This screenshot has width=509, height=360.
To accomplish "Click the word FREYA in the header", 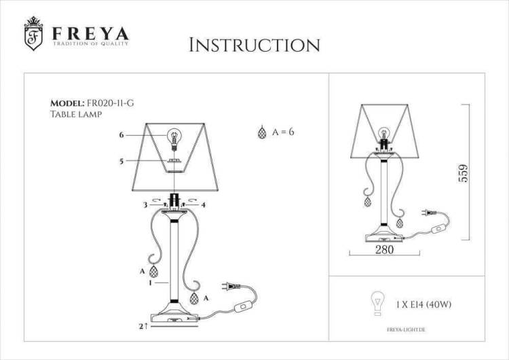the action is point(90,33).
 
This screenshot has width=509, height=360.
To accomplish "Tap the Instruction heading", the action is point(254,45).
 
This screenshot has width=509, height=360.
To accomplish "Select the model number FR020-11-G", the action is point(111,103).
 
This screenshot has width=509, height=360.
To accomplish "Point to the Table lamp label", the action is point(76,114).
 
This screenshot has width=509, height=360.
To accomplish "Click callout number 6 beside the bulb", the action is point(121,135).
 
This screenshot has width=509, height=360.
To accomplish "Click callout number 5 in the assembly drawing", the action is point(121,161).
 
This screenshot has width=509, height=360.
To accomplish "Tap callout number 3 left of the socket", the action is point(146,205).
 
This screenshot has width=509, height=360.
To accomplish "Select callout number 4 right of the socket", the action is point(203,205).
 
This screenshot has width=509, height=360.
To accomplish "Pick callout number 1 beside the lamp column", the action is point(150,283).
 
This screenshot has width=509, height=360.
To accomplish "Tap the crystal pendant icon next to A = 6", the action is point(262,132).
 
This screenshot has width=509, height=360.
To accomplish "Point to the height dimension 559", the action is point(464,173).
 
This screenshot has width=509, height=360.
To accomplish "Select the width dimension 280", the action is point(384,249).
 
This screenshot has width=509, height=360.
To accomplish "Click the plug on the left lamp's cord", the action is point(231,287).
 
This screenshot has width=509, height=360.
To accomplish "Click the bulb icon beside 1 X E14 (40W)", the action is point(377,304).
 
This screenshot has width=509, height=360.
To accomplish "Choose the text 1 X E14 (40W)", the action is point(423,304).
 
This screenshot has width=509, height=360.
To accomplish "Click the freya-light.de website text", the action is point(406,330).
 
